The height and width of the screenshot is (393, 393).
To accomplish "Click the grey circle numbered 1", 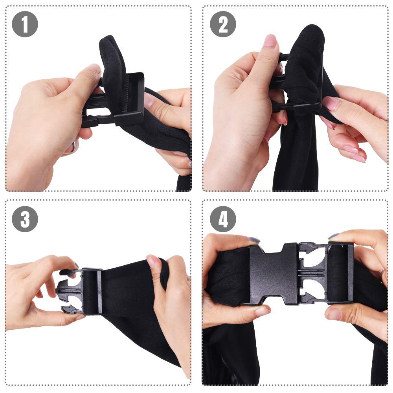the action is click(25, 24).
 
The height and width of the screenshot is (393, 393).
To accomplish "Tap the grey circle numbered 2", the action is click(223, 24).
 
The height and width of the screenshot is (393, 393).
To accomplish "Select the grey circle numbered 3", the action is click(25, 219).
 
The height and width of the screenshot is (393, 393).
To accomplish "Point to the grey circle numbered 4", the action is click(223, 219).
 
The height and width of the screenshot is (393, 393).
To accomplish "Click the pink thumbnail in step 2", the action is click(270, 40).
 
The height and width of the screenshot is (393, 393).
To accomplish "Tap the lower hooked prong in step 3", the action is click(71, 309).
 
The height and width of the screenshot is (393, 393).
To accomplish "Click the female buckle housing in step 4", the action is click(274, 274).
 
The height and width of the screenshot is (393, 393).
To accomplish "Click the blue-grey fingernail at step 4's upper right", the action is click(333, 236).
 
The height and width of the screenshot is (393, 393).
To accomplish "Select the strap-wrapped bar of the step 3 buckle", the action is click(92, 291).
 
